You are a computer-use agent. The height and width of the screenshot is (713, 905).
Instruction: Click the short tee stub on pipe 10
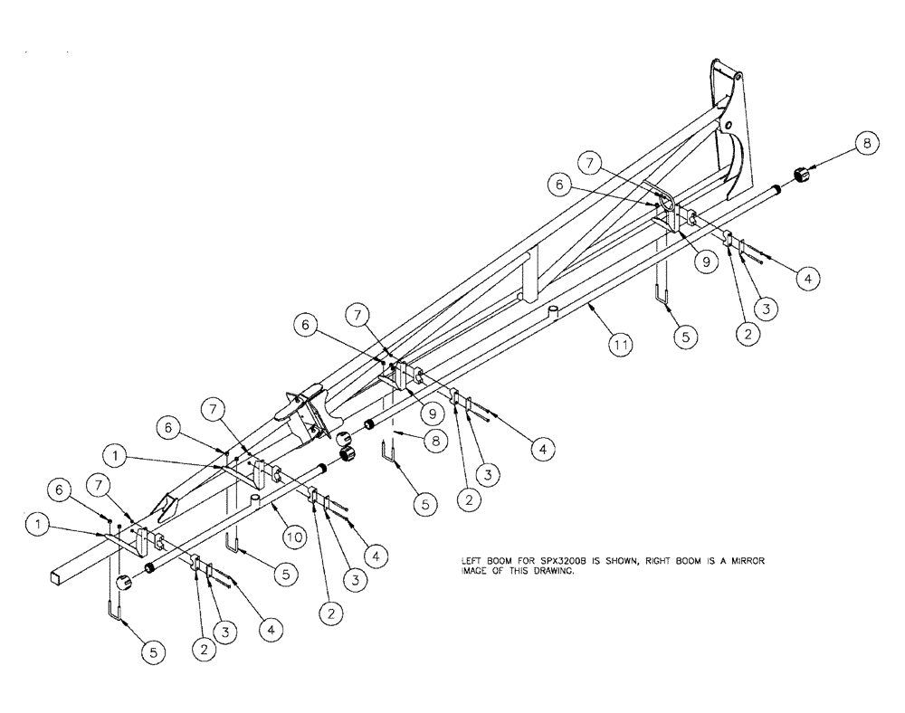click(255, 499)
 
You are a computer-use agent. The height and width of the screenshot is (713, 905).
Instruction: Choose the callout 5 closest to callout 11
click(684, 334)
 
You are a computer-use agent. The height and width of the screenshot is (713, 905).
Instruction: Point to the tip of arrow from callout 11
click(589, 309)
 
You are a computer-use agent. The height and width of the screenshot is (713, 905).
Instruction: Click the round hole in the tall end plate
click(724, 121)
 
